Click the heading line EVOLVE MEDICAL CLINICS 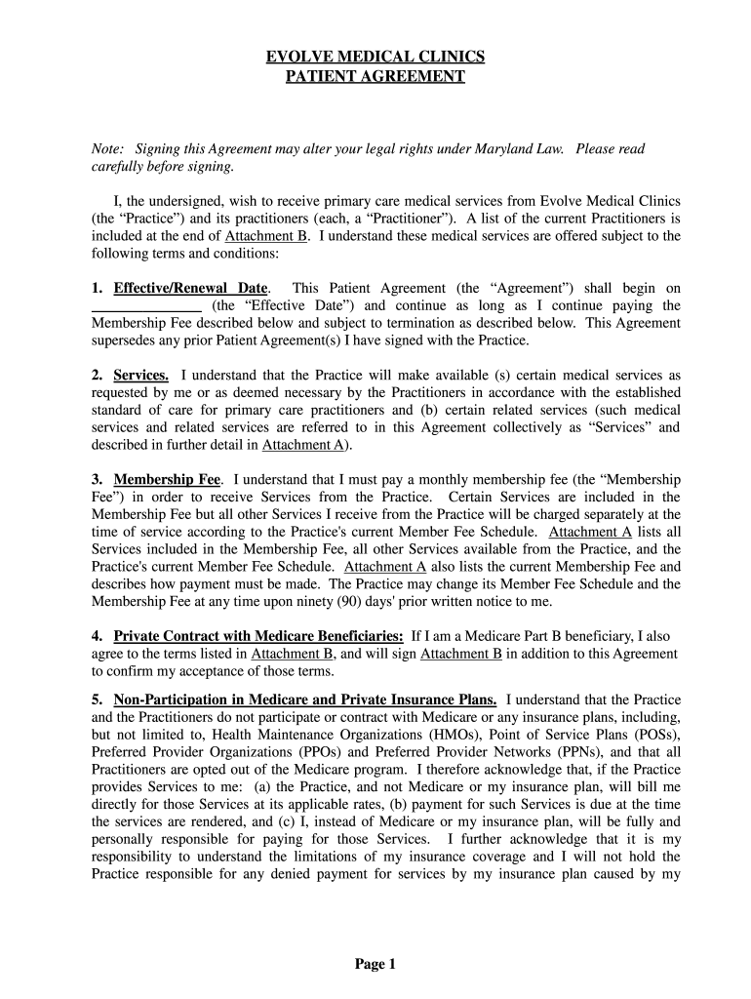tap(375, 57)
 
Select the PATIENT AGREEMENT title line tap(375, 76)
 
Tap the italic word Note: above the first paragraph tap(108, 149)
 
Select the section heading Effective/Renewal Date tap(190, 289)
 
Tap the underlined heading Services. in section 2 tap(141, 376)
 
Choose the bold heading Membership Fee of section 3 tap(168, 480)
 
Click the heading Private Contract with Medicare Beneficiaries tap(258, 636)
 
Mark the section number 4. tap(97, 636)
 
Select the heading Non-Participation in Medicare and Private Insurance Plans tap(305, 699)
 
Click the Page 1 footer tap(375, 965)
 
